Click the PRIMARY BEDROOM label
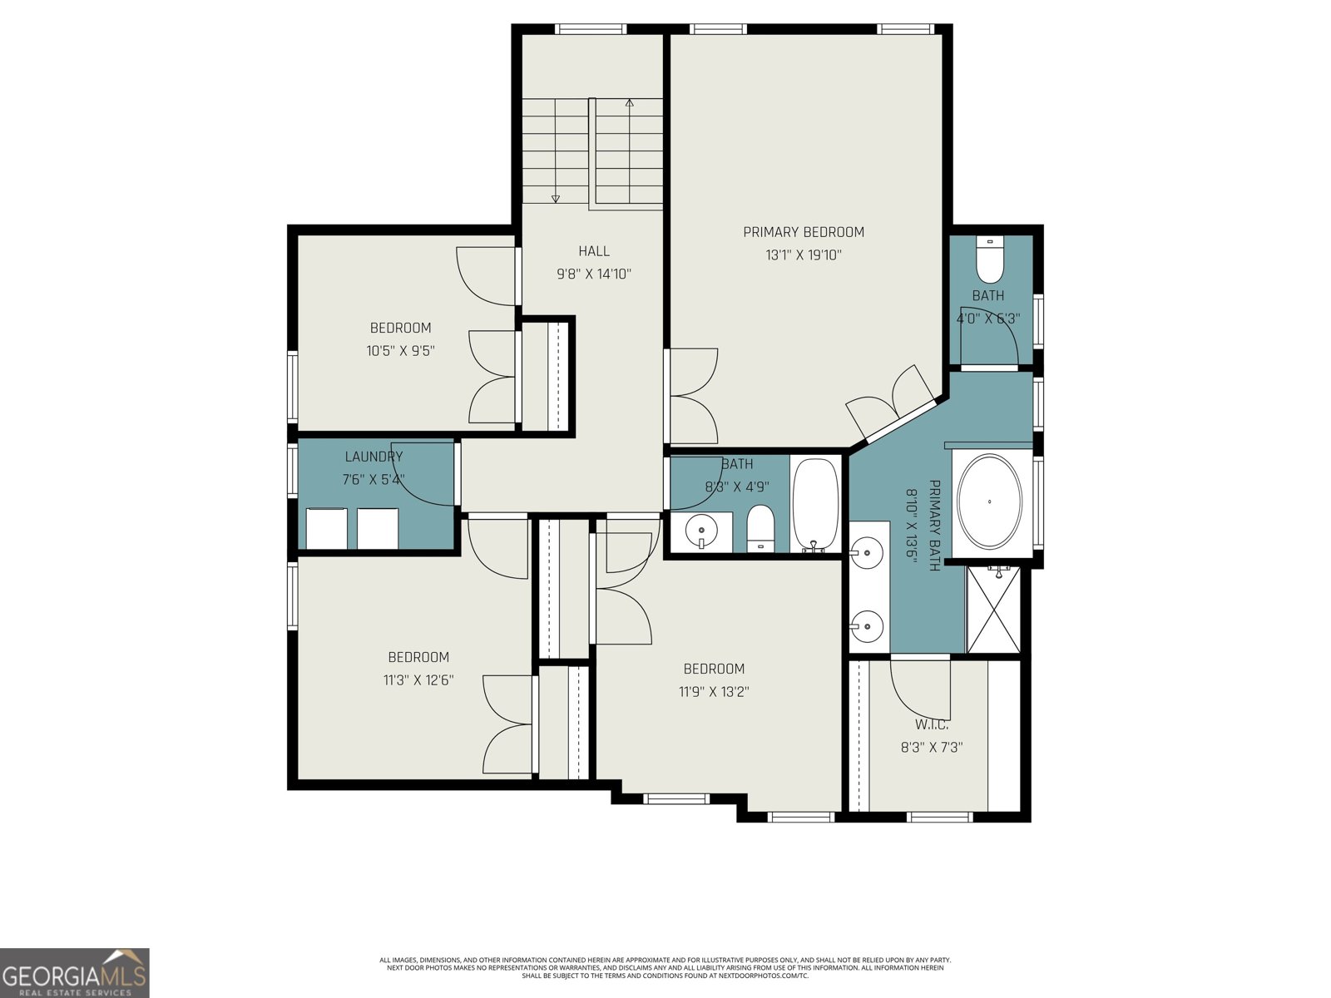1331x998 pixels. [x=803, y=232]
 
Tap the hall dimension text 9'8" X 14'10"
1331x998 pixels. [x=594, y=274]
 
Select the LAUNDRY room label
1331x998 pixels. [x=374, y=457]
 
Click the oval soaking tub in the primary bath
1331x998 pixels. [x=989, y=501]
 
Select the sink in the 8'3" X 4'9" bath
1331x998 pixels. [x=703, y=530]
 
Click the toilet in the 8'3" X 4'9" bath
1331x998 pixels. [x=760, y=528]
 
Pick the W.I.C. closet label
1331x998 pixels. [x=931, y=725]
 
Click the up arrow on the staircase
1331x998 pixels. [x=630, y=104]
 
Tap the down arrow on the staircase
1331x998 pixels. [x=556, y=198]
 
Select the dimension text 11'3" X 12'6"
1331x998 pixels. [x=418, y=680]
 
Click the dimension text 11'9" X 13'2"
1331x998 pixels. [x=714, y=691]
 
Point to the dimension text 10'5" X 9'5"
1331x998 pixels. [x=400, y=351]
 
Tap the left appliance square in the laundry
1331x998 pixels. [x=326, y=529]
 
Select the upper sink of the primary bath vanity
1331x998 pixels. [x=868, y=550]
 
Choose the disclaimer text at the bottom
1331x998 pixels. [x=665, y=967]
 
